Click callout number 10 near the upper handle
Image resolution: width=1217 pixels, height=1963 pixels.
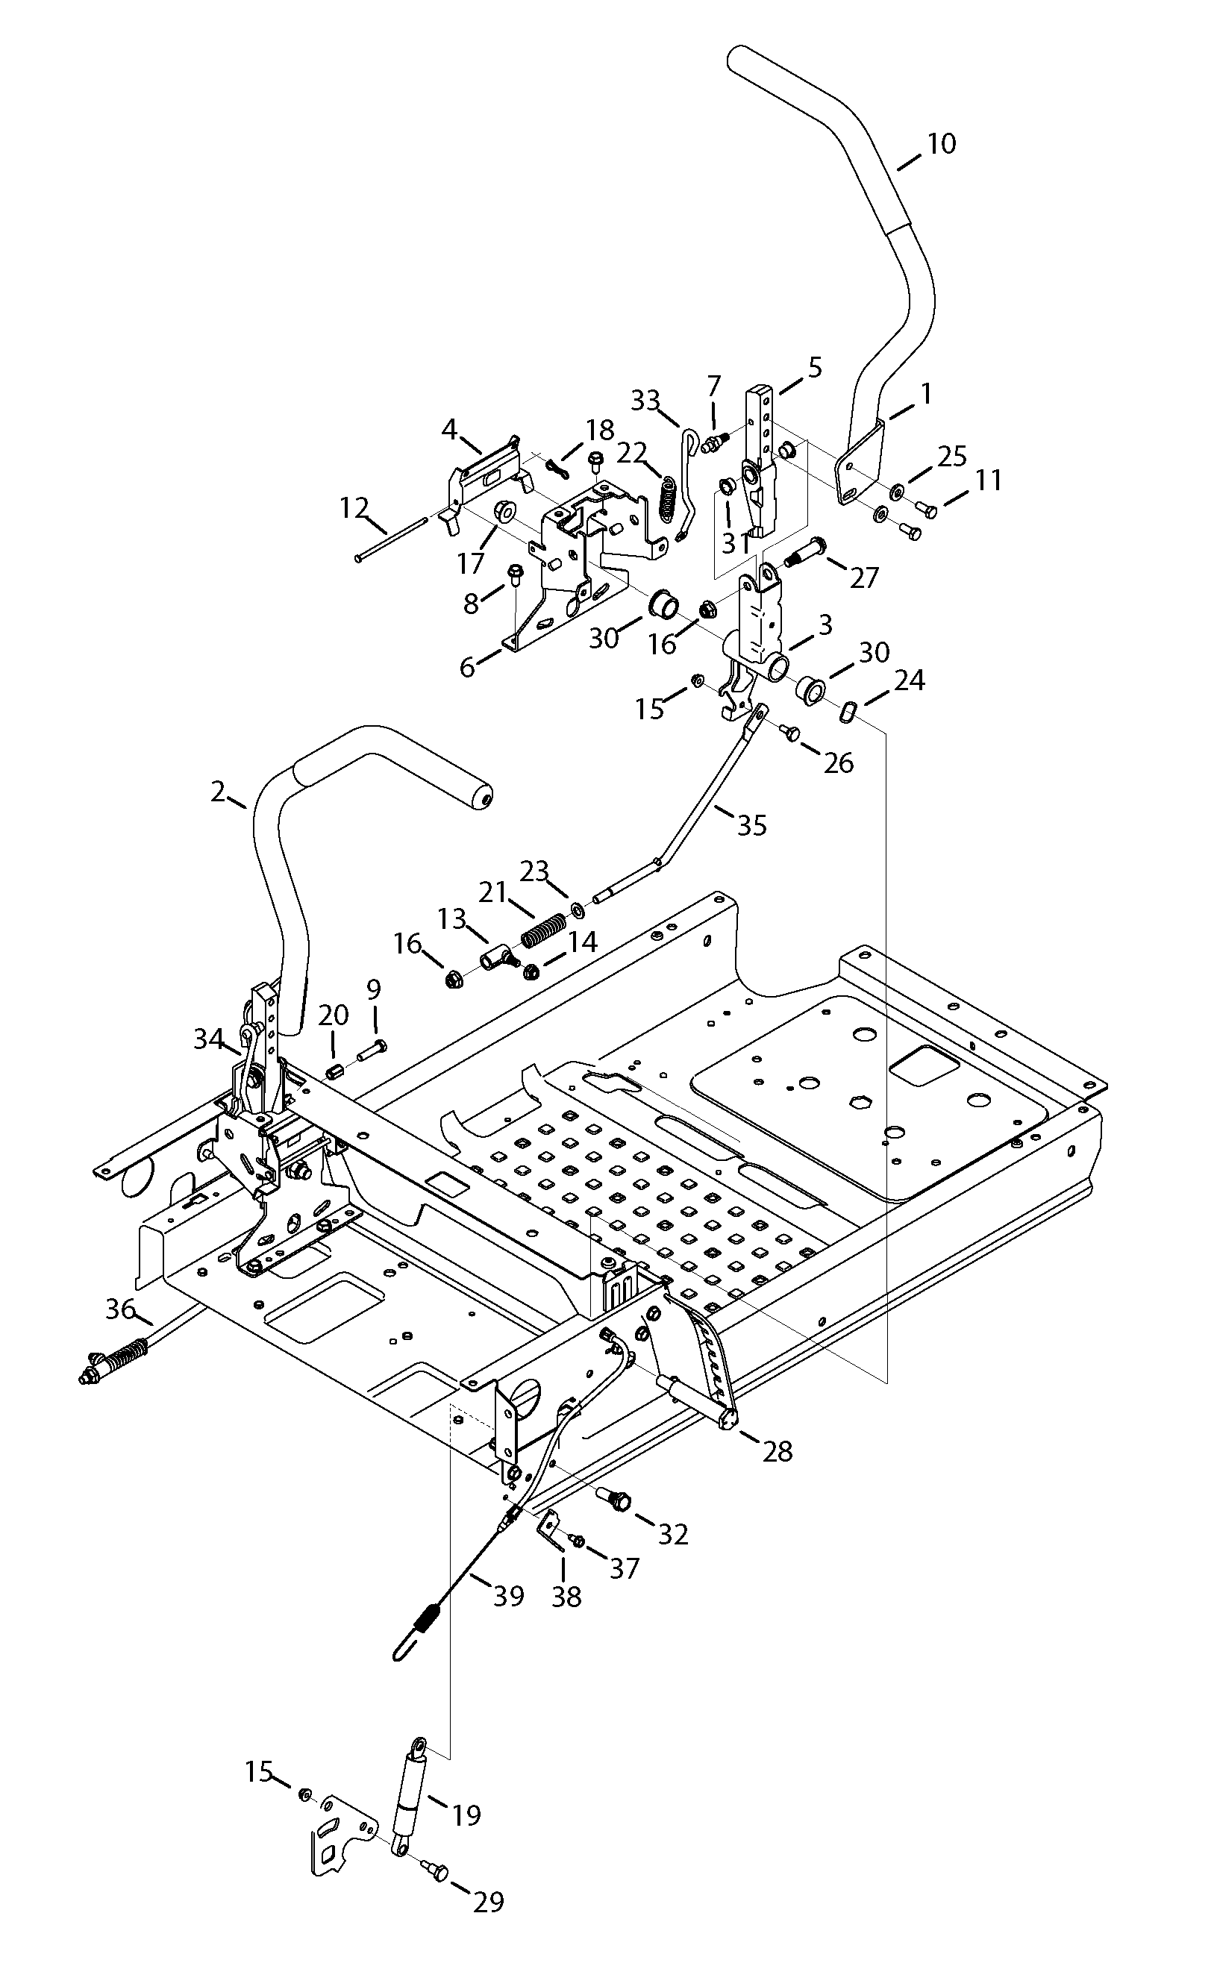click(x=941, y=144)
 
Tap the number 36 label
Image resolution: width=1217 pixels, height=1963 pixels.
click(x=120, y=1309)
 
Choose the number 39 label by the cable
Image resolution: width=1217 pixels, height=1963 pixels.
click(x=509, y=1595)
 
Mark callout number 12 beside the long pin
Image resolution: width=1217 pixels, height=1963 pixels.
click(x=354, y=508)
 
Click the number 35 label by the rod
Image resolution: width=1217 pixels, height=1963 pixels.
click(x=752, y=825)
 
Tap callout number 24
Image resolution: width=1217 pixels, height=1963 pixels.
click(x=910, y=681)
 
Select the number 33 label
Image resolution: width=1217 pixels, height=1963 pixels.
click(x=645, y=400)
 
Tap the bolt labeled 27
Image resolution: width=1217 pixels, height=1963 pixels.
click(x=802, y=551)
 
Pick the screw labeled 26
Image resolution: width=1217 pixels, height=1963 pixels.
click(x=791, y=732)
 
